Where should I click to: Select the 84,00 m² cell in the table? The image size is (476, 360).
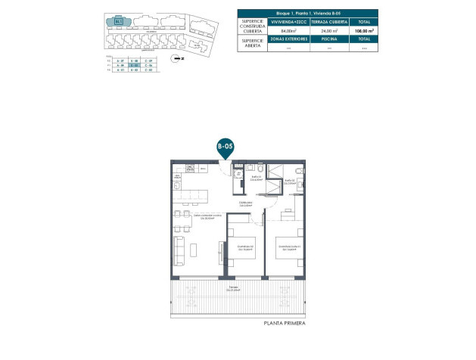(x=288, y=31)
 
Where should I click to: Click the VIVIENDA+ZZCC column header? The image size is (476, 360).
(x=288, y=23)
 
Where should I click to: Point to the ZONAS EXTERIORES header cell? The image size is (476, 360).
(x=288, y=39)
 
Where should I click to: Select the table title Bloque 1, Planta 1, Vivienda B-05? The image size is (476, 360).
(x=307, y=14)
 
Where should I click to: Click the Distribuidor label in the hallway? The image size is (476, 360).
(x=244, y=204)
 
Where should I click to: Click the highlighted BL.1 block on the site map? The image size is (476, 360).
(x=119, y=22)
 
